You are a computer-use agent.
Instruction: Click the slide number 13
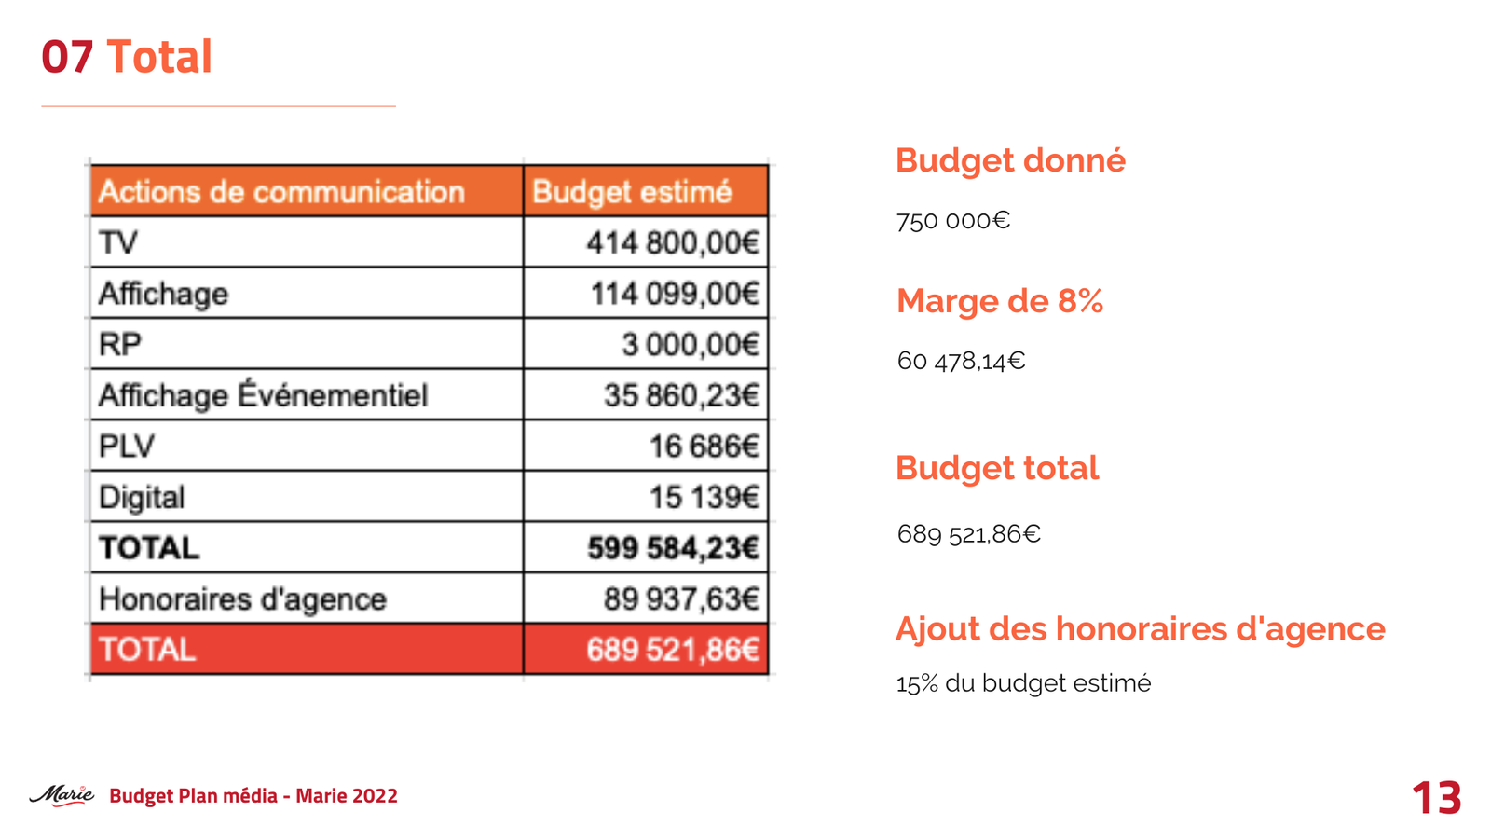click(x=1436, y=798)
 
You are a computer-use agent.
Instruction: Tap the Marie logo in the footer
click(x=62, y=795)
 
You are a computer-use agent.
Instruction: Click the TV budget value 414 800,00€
click(x=672, y=243)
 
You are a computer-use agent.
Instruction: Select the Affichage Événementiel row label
click(x=263, y=395)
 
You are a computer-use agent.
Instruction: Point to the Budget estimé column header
click(x=632, y=192)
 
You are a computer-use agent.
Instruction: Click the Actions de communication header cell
click(x=281, y=192)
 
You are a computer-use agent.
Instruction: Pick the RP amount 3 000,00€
click(x=690, y=345)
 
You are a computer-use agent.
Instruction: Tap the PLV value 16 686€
click(x=704, y=447)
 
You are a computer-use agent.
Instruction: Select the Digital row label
click(x=142, y=497)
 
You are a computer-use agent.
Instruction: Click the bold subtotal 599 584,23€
click(x=672, y=548)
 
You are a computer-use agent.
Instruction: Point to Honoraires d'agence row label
click(x=242, y=598)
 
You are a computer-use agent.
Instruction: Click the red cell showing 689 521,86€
click(x=672, y=650)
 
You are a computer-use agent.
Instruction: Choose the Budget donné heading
click(x=1010, y=160)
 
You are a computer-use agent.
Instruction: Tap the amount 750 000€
click(x=952, y=221)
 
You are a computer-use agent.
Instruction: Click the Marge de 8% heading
click(x=999, y=301)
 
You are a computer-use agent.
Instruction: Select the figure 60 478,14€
click(x=961, y=361)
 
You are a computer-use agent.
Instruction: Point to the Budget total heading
click(x=996, y=468)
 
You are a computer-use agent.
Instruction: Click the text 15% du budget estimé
click(x=1023, y=683)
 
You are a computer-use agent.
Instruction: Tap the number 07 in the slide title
click(x=67, y=57)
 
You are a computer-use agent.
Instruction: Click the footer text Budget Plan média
click(x=193, y=795)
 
